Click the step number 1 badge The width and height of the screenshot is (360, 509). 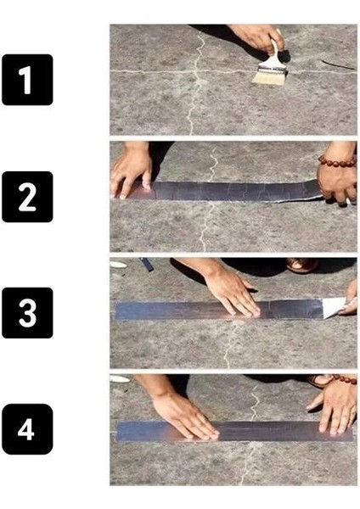click(x=27, y=80)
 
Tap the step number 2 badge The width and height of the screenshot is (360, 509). click(x=27, y=196)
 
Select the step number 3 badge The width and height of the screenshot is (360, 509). click(x=27, y=313)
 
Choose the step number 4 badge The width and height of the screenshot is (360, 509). click(x=27, y=428)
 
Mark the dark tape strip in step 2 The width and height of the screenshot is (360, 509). click(x=229, y=191)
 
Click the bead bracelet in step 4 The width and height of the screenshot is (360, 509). click(x=343, y=380)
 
